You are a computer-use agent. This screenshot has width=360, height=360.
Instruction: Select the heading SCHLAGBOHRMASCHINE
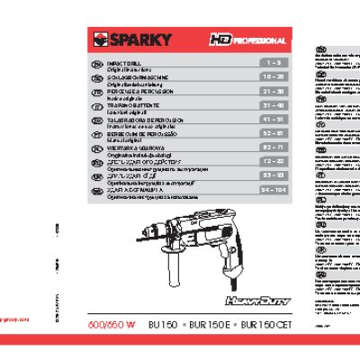[142, 76]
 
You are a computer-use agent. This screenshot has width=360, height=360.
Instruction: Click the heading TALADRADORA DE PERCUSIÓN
[148, 119]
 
